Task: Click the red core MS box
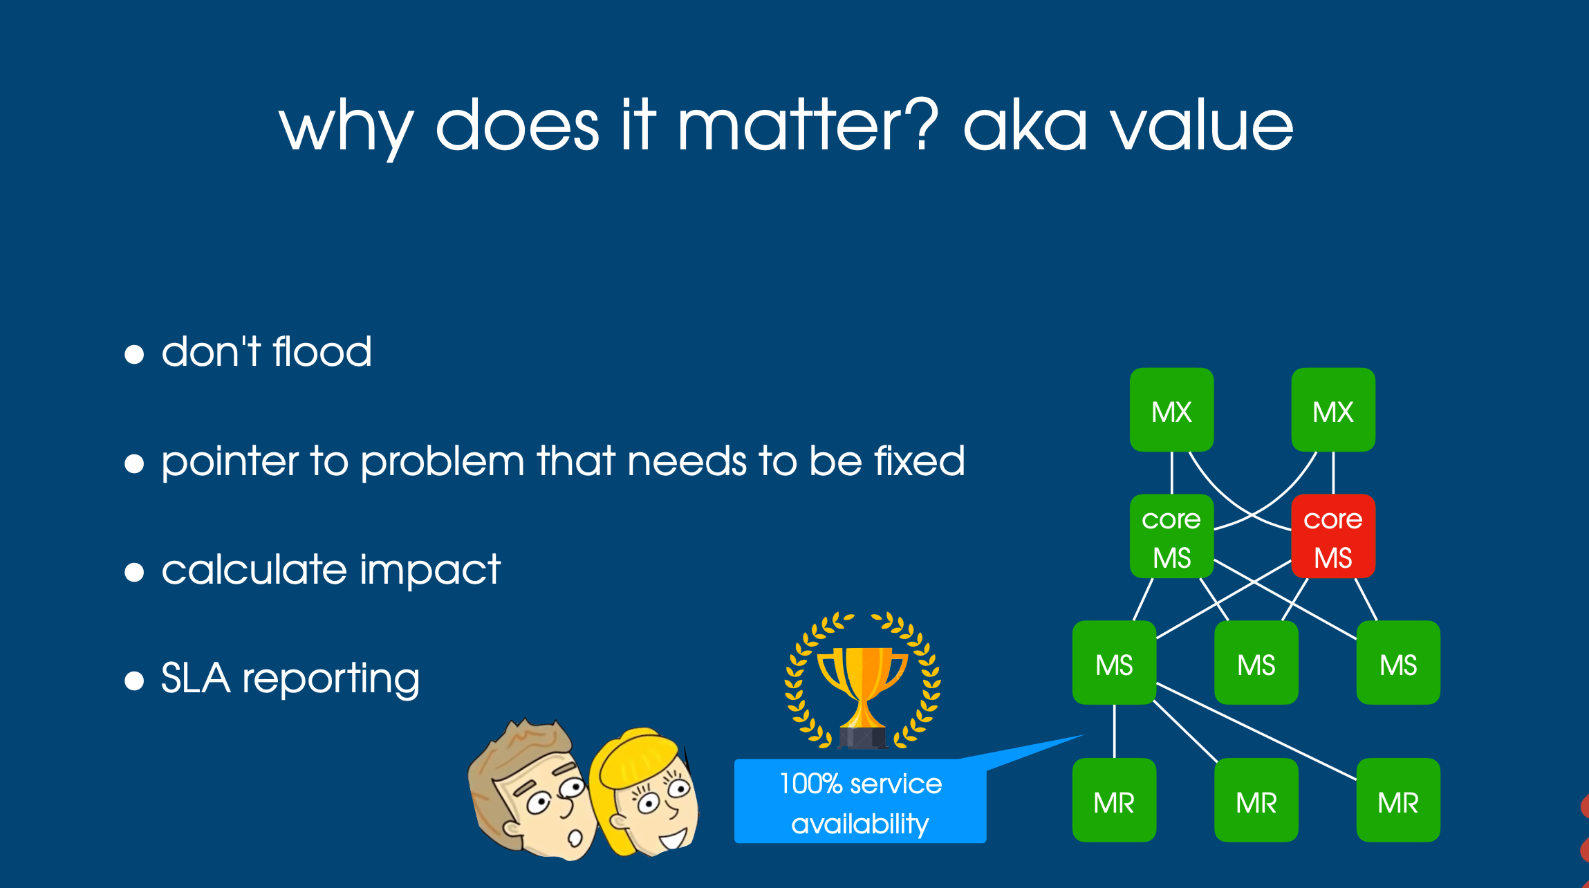click(x=1332, y=536)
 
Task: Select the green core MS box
click(x=1171, y=536)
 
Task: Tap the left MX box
click(x=1171, y=409)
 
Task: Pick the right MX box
click(x=1332, y=409)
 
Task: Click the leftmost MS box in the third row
click(x=1114, y=663)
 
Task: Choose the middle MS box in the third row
click(x=1256, y=663)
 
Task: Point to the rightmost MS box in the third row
click(x=1397, y=663)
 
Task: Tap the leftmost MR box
click(x=1114, y=800)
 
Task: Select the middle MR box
click(x=1256, y=800)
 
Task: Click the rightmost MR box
click(x=1397, y=800)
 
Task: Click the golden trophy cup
click(x=862, y=692)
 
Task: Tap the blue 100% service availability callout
click(x=859, y=802)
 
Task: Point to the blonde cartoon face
click(x=647, y=795)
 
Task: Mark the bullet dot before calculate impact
click(x=134, y=572)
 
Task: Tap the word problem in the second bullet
click(x=443, y=462)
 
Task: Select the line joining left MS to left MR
click(x=1114, y=731)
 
